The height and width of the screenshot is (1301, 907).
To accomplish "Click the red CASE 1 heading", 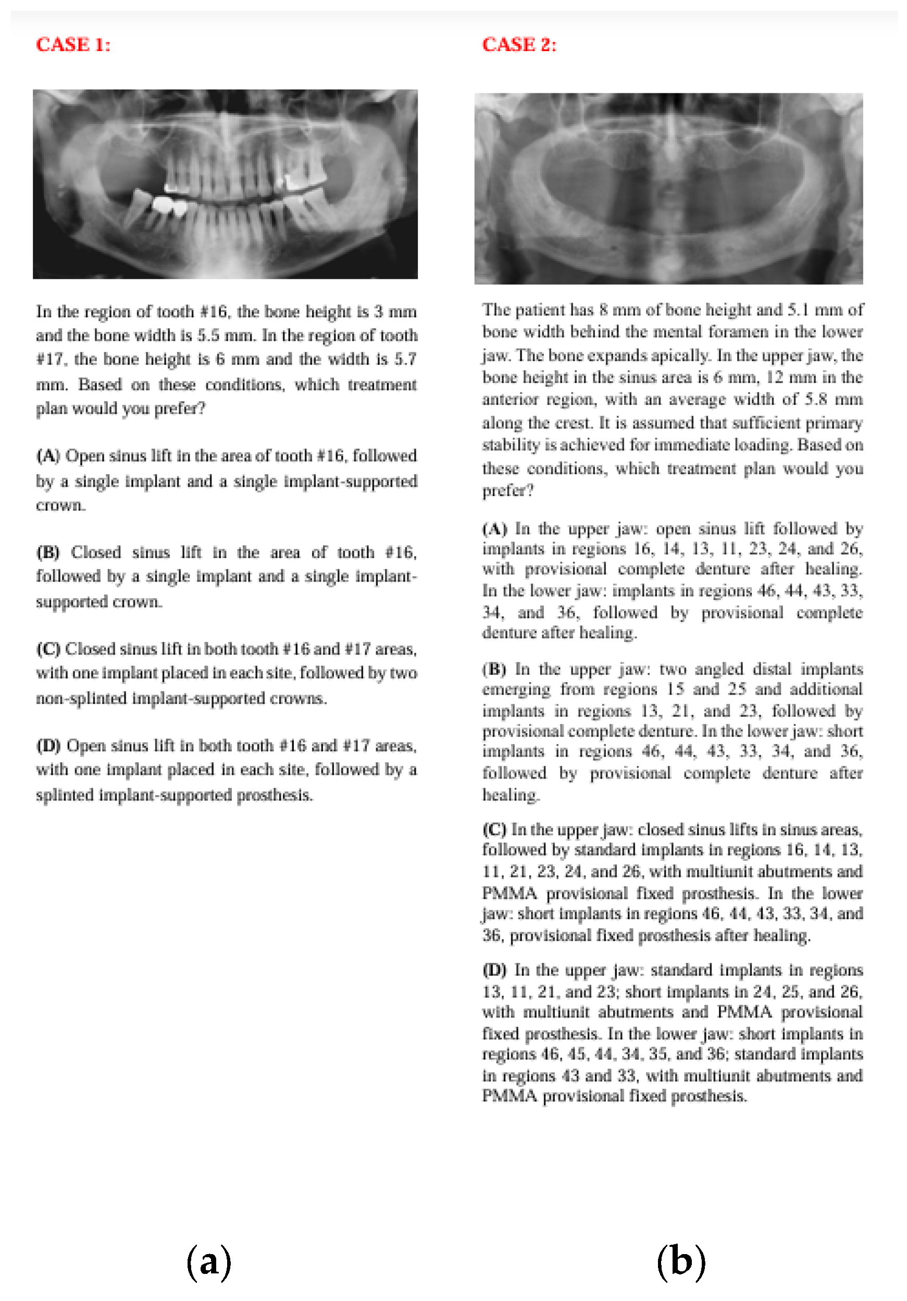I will [x=73, y=44].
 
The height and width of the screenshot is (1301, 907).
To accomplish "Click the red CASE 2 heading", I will [x=519, y=44].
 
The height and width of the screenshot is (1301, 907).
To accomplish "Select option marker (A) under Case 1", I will [x=48, y=455].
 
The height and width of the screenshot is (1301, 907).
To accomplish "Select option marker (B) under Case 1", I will [x=48, y=552].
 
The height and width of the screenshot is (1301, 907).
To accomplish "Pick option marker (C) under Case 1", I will [x=48, y=648].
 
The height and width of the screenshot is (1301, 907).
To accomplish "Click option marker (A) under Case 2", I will [x=494, y=529].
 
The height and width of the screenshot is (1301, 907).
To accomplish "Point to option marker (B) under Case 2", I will [x=494, y=668].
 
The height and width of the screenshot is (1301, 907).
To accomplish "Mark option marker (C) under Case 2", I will [x=494, y=829].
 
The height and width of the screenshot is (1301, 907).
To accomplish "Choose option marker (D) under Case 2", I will [x=494, y=970].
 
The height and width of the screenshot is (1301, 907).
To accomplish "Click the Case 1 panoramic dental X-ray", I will [x=225, y=184].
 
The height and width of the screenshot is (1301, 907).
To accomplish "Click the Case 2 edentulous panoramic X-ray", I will [x=668, y=189].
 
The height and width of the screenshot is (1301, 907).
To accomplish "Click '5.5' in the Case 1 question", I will [x=207, y=335].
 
